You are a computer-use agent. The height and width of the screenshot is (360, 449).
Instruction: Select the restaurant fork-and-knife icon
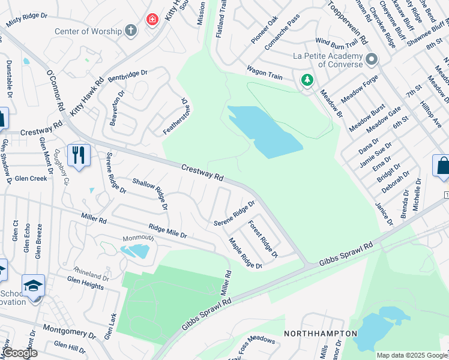(79, 155)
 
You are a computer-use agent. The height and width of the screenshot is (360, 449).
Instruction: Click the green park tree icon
(307, 80)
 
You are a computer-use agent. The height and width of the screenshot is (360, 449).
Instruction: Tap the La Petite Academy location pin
(372, 59)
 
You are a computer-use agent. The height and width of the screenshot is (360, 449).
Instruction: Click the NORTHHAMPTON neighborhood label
(320, 333)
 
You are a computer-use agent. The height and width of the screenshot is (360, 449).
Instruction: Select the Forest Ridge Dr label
(264, 239)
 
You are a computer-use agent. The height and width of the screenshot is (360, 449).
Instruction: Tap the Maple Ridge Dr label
(245, 253)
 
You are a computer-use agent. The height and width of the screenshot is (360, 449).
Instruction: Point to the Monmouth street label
(138, 238)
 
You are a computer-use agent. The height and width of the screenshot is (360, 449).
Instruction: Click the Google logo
(19, 353)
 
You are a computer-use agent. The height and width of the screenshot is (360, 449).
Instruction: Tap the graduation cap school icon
(33, 286)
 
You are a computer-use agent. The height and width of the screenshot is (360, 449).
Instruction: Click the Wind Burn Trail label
(336, 42)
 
